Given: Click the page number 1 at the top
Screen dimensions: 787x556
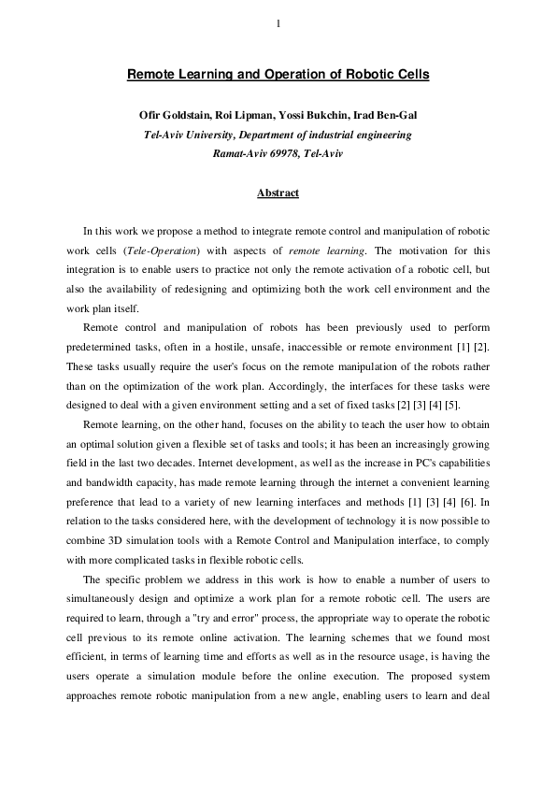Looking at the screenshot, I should click(x=278, y=24).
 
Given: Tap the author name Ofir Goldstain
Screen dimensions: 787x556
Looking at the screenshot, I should click(x=176, y=116).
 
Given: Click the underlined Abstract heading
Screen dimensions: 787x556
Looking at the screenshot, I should click(x=278, y=193).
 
